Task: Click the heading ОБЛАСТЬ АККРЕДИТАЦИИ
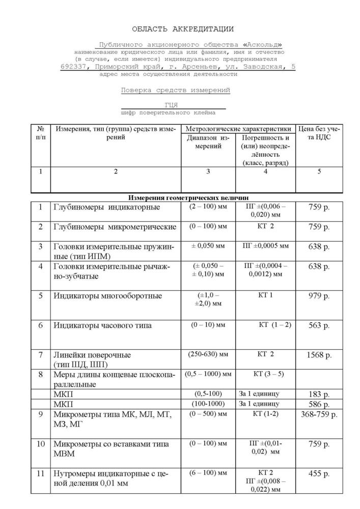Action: point(183,29)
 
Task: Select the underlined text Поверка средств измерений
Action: point(175,90)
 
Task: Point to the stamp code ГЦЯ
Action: point(172,105)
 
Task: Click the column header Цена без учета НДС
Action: point(319,132)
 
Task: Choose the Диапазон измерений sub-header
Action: point(208,142)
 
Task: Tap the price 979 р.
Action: point(319,296)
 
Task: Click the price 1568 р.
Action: point(319,355)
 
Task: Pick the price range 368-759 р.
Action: point(319,414)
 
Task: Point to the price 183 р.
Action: point(319,393)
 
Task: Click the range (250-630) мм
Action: point(208,354)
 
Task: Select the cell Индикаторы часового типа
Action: point(102,325)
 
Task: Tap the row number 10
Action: point(41,444)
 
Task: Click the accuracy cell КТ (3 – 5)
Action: point(265,374)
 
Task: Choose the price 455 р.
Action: point(319,474)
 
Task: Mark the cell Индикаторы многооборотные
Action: point(107,296)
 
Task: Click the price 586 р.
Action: point(319,404)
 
